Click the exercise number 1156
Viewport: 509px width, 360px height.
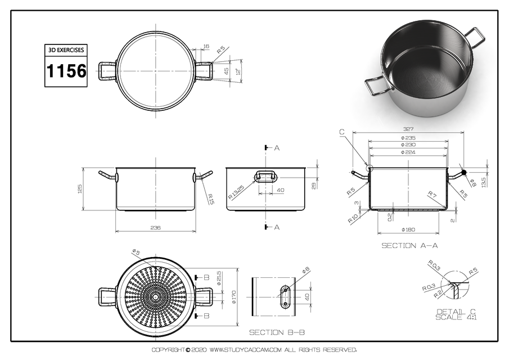pyautogui.click(x=66, y=71)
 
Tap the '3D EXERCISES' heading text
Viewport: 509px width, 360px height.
pyautogui.click(x=66, y=50)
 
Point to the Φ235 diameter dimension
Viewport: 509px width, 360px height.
pyautogui.click(x=408, y=138)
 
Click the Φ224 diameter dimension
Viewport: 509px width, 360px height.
pyautogui.click(x=408, y=152)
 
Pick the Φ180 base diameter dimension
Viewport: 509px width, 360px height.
pyautogui.click(x=408, y=229)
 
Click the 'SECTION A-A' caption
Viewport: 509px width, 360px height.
pyautogui.click(x=409, y=246)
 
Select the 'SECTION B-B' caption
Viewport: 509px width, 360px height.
pyautogui.click(x=277, y=332)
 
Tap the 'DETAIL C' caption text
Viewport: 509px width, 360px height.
pyautogui.click(x=456, y=312)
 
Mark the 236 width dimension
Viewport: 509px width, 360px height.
pyautogui.click(x=156, y=228)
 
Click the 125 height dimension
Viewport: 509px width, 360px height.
pyautogui.click(x=80, y=188)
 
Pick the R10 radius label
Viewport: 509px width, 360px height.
pyautogui.click(x=353, y=218)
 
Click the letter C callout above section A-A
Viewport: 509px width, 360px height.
pyautogui.click(x=342, y=132)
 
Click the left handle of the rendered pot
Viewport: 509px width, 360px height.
pyautogui.click(x=376, y=88)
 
